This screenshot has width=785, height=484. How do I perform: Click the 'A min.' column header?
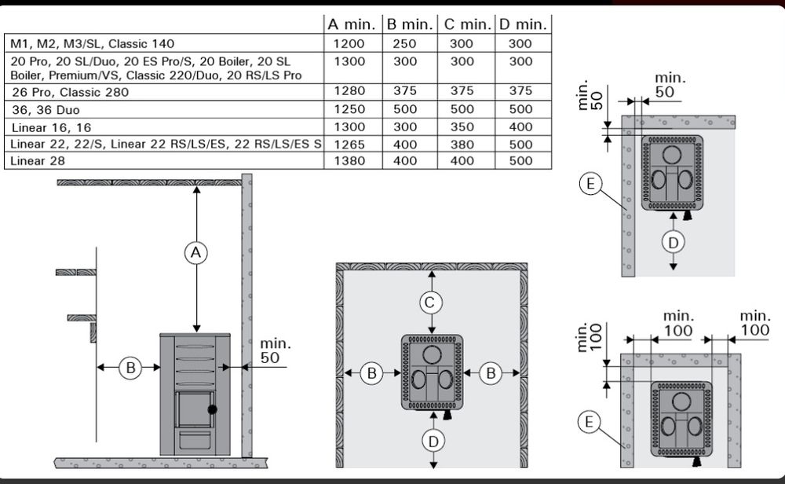352,24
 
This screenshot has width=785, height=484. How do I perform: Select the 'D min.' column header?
523,24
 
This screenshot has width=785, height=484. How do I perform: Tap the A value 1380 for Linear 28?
349,161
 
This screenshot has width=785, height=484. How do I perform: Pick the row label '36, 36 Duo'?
46,110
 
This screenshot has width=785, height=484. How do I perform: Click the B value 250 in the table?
404,44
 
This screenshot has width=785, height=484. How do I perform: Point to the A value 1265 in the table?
349,145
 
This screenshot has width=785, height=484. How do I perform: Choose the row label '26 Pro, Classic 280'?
70,92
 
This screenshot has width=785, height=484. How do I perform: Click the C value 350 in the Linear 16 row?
462,127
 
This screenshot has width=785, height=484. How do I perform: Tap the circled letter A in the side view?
195,252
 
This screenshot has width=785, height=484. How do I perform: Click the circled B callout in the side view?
130,368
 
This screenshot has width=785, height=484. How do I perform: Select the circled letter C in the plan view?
430,302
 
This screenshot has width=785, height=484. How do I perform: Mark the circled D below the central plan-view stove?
433,442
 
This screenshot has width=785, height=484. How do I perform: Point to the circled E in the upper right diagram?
590,183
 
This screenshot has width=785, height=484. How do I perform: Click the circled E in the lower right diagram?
589,422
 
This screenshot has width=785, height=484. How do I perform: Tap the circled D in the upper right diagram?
673,243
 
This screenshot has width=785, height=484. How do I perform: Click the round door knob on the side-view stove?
212,409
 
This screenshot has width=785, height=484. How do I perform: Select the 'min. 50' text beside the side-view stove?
275,350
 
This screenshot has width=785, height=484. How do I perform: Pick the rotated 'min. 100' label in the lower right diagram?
589,337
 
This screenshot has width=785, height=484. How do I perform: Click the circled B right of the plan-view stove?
491,373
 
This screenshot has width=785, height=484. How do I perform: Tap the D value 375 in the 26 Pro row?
520,90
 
